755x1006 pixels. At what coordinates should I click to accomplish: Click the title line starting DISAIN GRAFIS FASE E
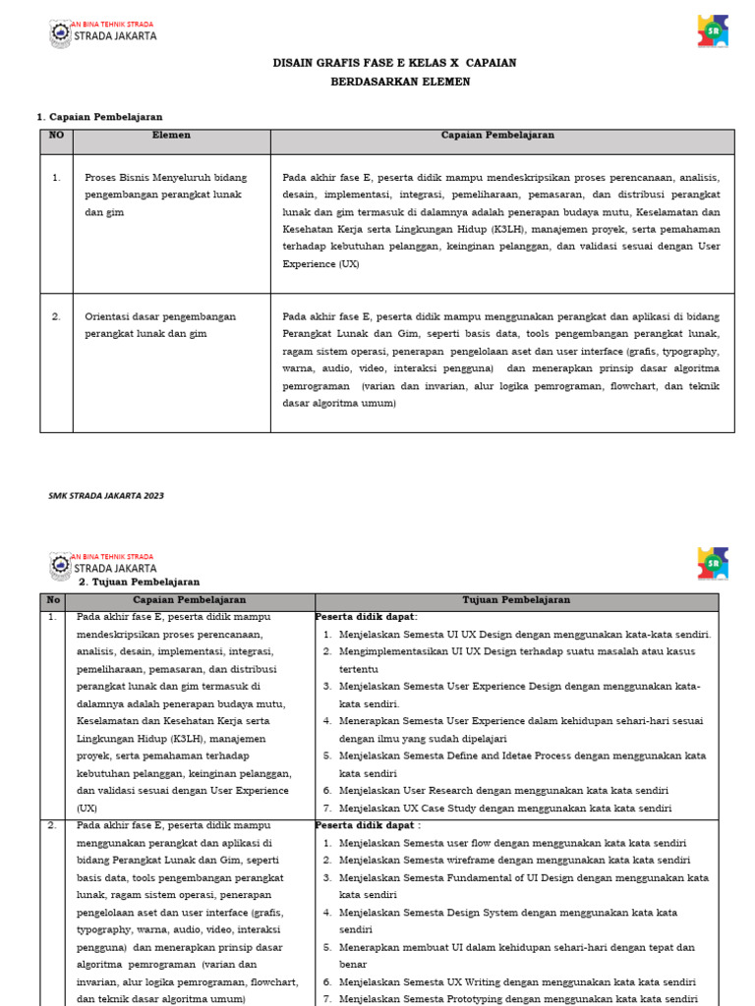click(393, 63)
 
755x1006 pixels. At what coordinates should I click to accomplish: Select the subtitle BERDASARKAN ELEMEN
click(400, 82)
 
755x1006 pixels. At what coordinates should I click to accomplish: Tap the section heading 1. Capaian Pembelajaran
click(99, 117)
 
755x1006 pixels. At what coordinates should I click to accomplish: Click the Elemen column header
click(171, 136)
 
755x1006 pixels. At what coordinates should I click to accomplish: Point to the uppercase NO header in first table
click(56, 136)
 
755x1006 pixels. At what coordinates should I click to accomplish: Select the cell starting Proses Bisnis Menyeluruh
click(165, 195)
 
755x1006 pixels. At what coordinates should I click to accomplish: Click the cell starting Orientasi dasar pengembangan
click(159, 325)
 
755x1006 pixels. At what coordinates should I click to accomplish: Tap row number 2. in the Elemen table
click(56, 316)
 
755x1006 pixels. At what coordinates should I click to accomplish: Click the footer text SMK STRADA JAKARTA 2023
click(106, 495)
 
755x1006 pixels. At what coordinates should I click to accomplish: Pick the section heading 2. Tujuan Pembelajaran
click(139, 582)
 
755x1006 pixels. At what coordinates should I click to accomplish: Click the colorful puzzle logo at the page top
click(713, 30)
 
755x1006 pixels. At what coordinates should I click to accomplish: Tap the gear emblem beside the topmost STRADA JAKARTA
click(60, 34)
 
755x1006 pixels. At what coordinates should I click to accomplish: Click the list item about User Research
click(503, 791)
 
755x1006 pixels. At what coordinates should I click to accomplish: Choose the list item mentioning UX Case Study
click(505, 809)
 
